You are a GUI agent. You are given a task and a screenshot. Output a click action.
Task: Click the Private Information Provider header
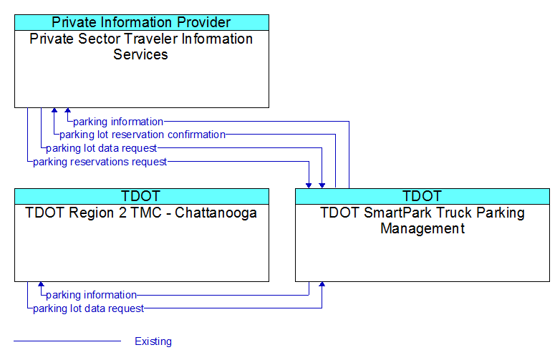141,22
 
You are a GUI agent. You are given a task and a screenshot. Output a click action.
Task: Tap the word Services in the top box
140,54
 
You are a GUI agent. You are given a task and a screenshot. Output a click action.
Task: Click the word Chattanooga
216,213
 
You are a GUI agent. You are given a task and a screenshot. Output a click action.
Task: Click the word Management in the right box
423,228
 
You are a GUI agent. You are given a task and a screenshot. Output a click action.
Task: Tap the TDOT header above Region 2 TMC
141,196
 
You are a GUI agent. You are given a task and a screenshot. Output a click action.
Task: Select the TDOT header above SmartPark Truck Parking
423,196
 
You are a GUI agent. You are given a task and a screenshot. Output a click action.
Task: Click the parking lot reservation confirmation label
143,135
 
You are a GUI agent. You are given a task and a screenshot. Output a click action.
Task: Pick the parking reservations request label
100,162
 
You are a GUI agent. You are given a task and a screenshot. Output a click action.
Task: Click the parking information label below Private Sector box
118,122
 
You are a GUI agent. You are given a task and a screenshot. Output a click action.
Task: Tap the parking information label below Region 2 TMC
92,295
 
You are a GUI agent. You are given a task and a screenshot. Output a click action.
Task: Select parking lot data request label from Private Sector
102,148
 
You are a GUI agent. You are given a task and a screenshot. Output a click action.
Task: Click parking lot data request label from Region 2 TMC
89,308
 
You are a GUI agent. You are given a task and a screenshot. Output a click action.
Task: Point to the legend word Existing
153,341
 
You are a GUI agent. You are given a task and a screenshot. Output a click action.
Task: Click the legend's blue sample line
67,341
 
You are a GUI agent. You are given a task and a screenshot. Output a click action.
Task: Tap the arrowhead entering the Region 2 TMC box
41,284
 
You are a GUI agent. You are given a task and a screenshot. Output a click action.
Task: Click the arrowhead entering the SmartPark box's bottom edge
322,284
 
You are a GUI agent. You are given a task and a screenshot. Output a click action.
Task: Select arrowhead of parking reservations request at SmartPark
309,185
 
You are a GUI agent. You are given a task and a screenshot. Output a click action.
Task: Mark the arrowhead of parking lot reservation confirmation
54,110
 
